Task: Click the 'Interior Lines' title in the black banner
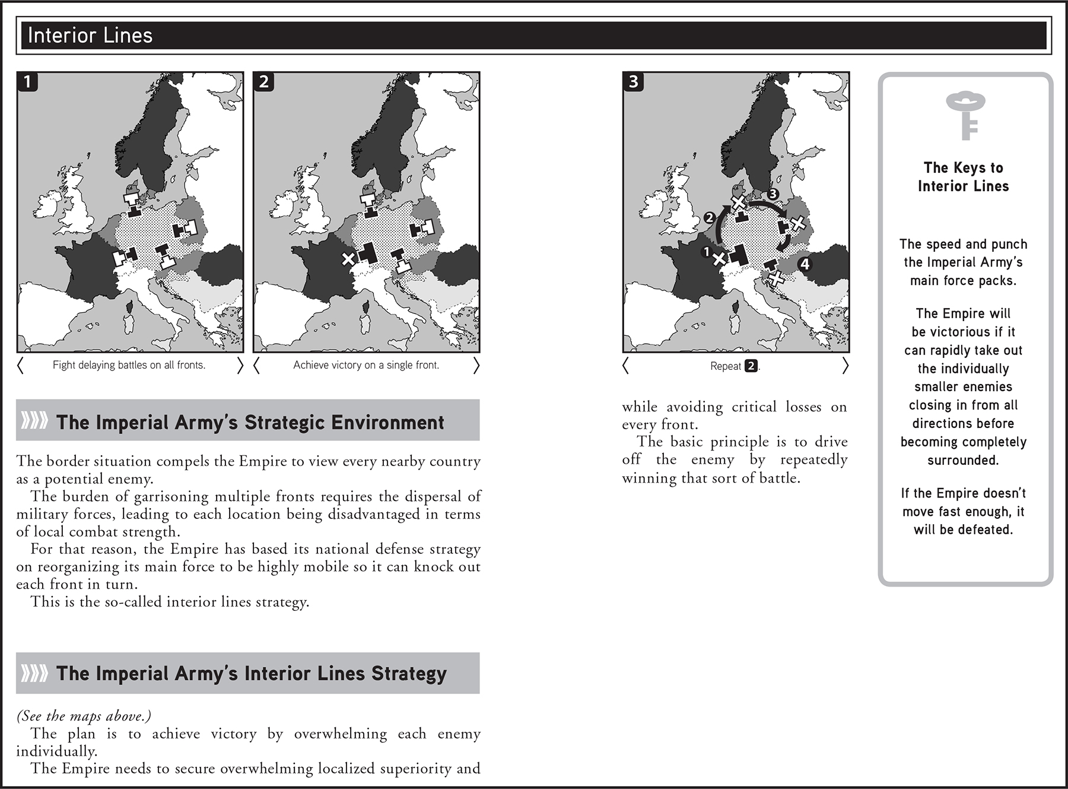coord(90,36)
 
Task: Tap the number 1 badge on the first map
coord(27,81)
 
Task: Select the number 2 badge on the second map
coord(263,81)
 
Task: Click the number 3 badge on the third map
coord(633,81)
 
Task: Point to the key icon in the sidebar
coord(965,115)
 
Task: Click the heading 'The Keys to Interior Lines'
coord(963,177)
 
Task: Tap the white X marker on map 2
coord(348,259)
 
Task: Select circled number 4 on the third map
coord(805,264)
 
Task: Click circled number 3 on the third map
coord(773,194)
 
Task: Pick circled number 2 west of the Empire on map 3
coord(709,217)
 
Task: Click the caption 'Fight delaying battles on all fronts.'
coord(129,365)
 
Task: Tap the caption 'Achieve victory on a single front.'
coord(366,365)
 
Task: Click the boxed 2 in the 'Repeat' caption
coord(751,366)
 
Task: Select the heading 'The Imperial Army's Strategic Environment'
coord(250,422)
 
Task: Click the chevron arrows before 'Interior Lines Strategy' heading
coord(34,673)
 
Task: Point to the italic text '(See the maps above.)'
coord(84,716)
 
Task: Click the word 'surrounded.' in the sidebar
coord(963,460)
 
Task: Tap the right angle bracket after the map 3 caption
coord(845,366)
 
